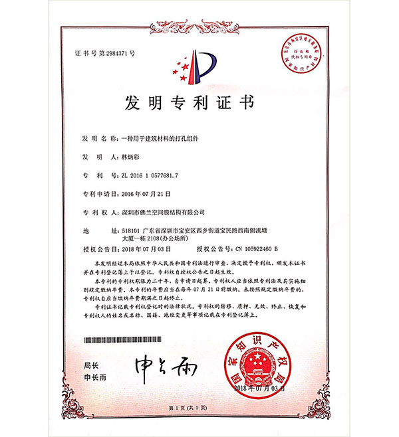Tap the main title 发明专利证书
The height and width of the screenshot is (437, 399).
[x=199, y=104]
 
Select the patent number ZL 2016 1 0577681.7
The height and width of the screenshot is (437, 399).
[x=150, y=175]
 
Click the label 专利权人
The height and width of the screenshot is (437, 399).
[x=94, y=213]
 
